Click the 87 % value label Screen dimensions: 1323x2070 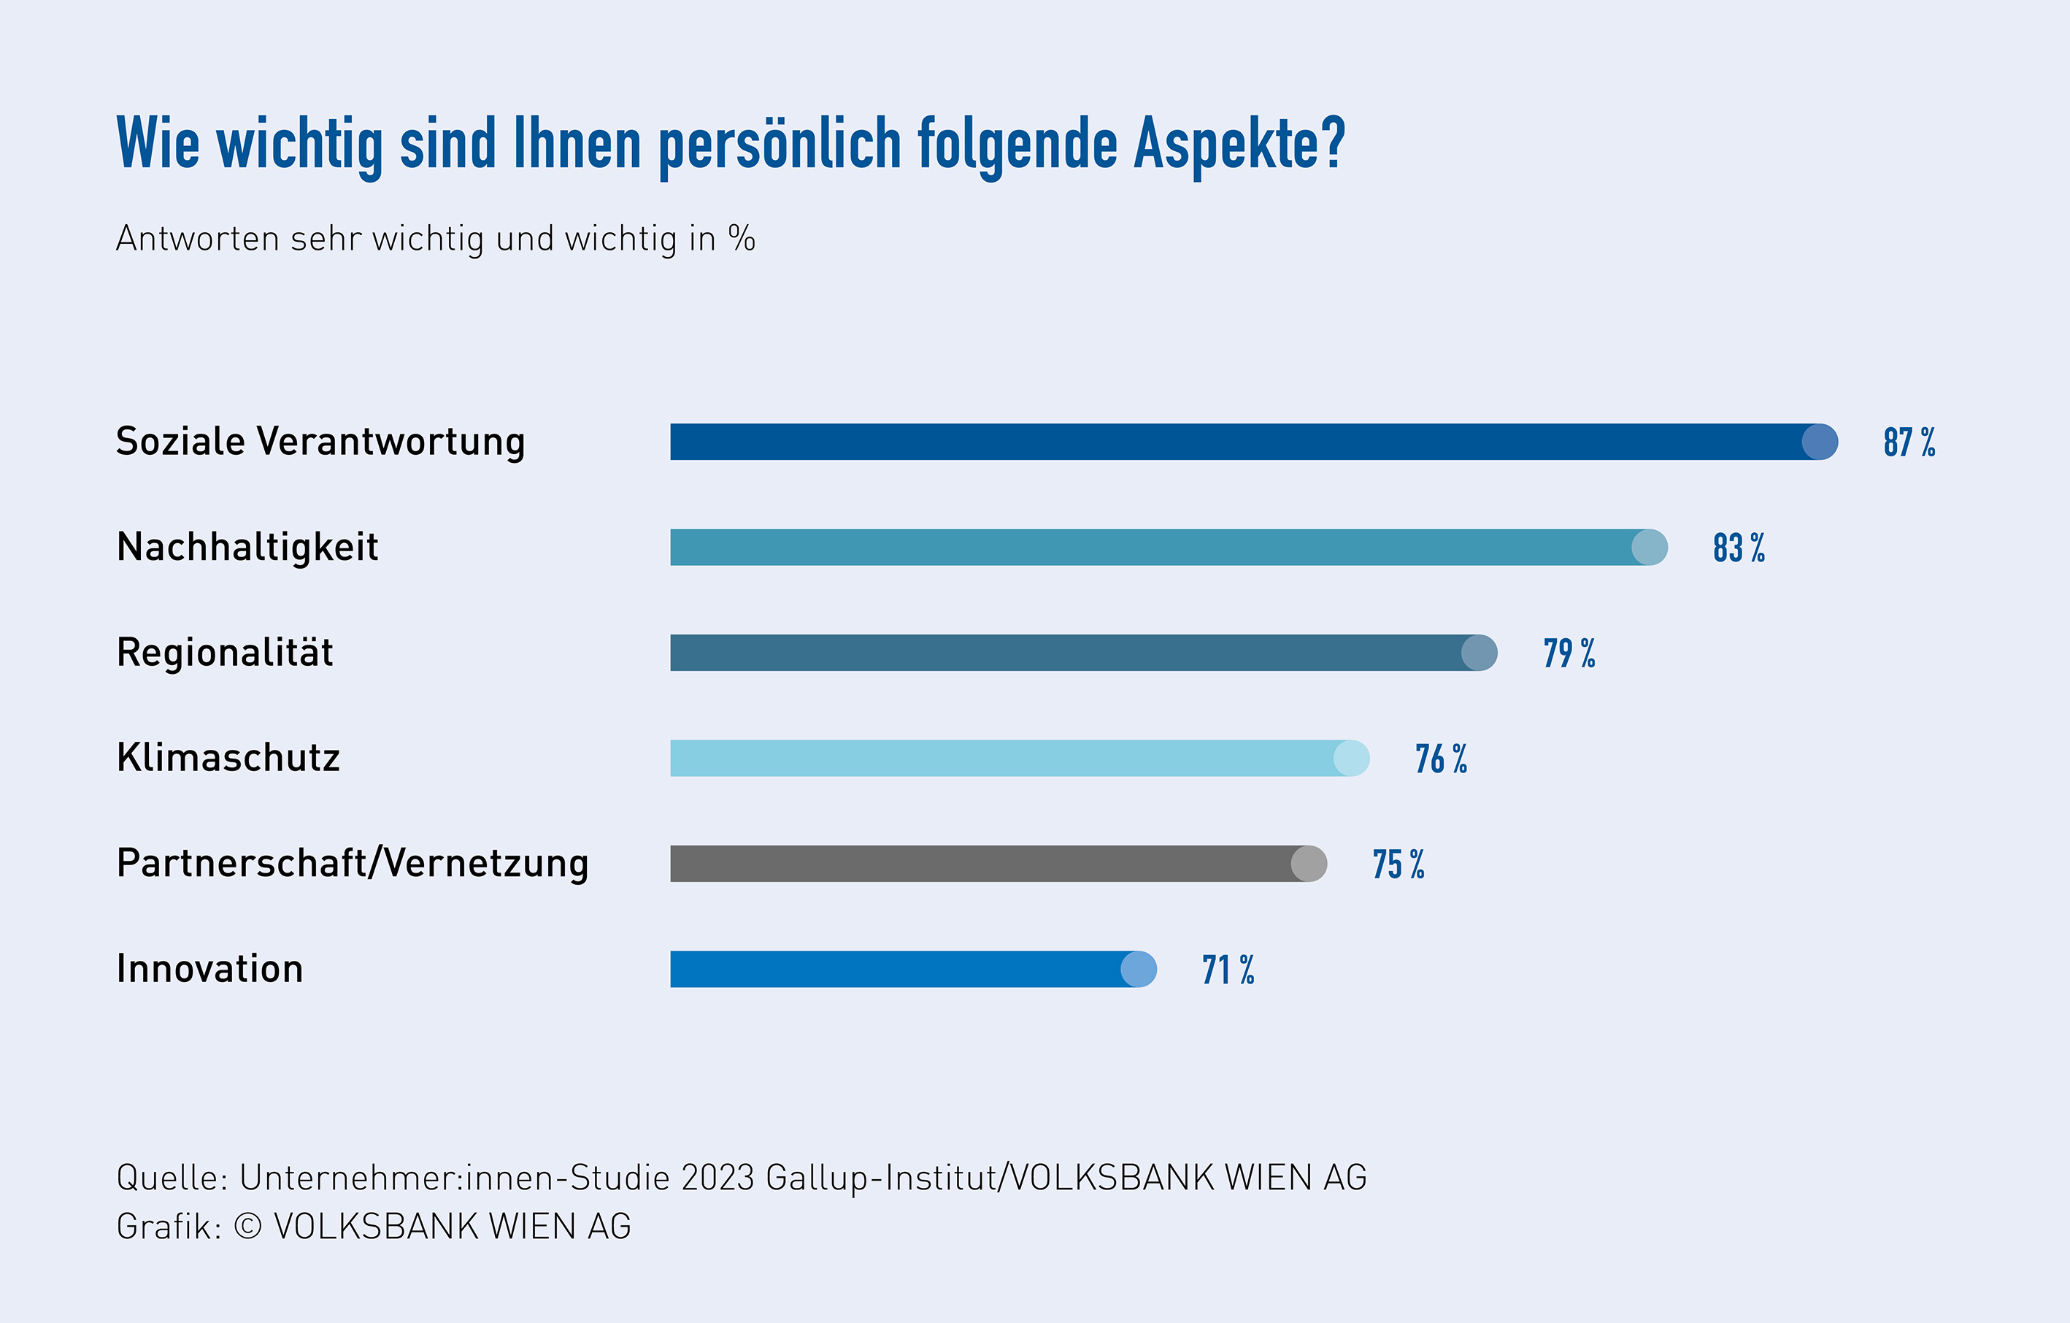[1909, 442]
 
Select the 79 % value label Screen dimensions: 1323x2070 [1569, 654]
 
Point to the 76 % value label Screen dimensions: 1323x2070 [1442, 759]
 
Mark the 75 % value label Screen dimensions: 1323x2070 [1398, 864]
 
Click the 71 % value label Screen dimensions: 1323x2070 [1228, 970]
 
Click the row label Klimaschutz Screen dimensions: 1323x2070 [228, 758]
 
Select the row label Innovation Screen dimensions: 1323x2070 [209, 969]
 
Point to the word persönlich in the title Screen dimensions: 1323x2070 [780, 145]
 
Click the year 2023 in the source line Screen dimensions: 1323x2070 [717, 1178]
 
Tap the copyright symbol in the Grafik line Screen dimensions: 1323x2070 [247, 1227]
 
